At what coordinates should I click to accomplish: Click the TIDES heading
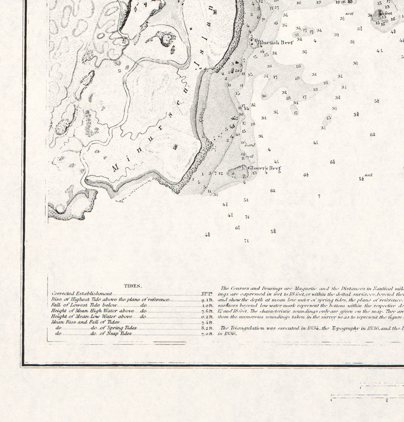pos(133,286)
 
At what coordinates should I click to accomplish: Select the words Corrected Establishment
pos(82,294)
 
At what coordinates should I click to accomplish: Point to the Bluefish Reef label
pos(275,42)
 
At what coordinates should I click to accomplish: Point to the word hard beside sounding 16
pos(250,145)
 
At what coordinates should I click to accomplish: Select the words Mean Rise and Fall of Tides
pos(85,322)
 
